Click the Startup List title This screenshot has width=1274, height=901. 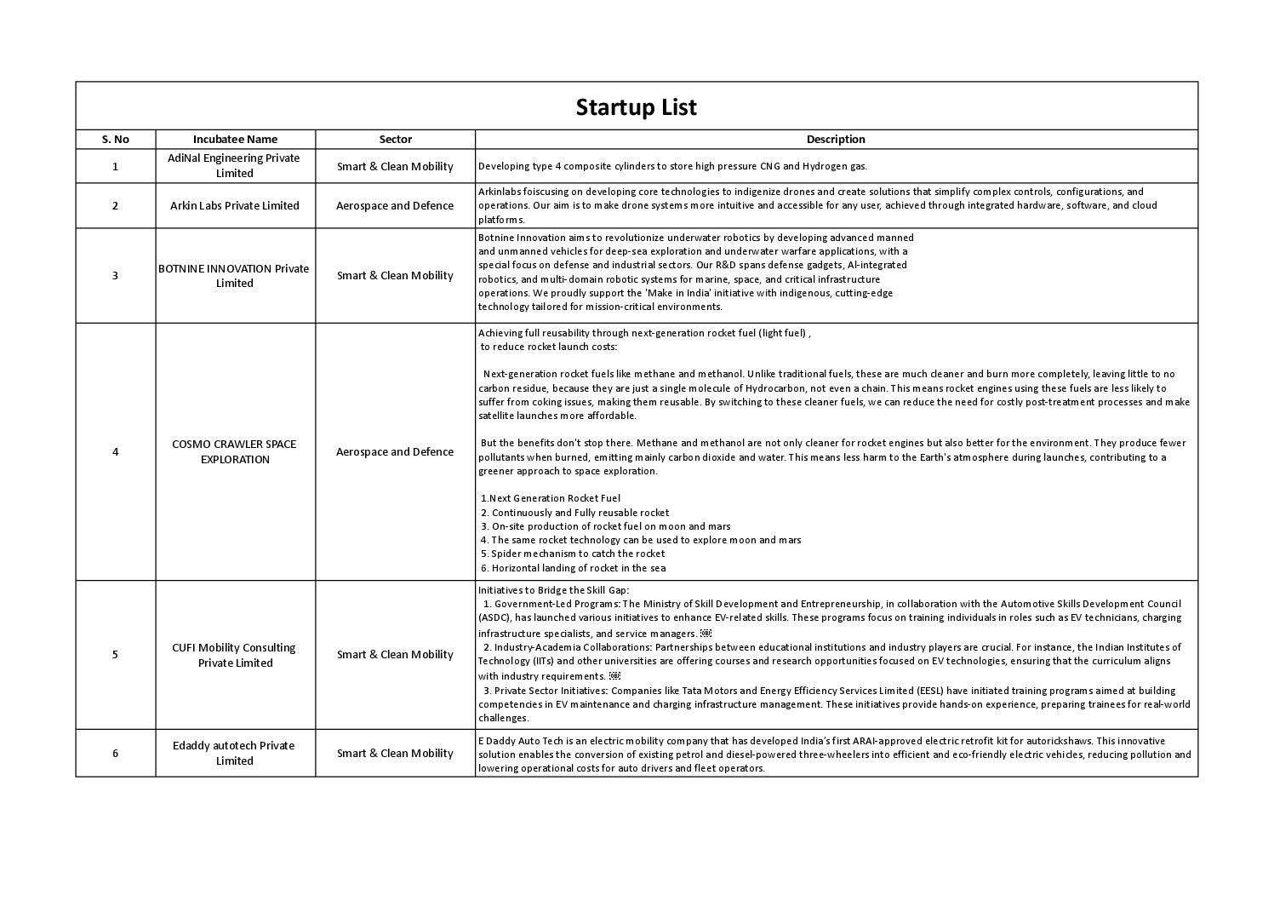point(636,107)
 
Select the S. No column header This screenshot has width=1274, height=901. point(116,139)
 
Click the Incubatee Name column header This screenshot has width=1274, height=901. point(235,139)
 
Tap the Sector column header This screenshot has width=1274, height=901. point(395,139)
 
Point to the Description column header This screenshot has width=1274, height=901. point(836,139)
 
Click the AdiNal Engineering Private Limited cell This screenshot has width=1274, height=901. point(234,166)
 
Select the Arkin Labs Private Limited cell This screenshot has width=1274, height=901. point(235,205)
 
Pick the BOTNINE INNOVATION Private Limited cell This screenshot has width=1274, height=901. point(234,275)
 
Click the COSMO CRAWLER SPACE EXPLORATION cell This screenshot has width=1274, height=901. point(234,451)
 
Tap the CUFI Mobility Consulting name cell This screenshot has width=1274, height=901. point(234,655)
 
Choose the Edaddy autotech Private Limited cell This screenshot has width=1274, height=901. point(234,753)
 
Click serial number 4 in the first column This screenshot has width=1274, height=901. point(116,451)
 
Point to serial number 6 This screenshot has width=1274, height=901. point(116,753)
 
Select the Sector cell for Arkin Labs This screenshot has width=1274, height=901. point(395,205)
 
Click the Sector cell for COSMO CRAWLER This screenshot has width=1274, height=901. point(395,451)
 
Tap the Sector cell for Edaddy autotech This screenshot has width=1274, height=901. point(395,753)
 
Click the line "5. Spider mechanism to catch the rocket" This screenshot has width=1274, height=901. point(573,554)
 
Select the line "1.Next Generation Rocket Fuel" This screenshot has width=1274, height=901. point(551,498)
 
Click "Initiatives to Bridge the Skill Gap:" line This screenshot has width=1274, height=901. point(553,590)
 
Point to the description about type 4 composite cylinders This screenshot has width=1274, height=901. point(672,167)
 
